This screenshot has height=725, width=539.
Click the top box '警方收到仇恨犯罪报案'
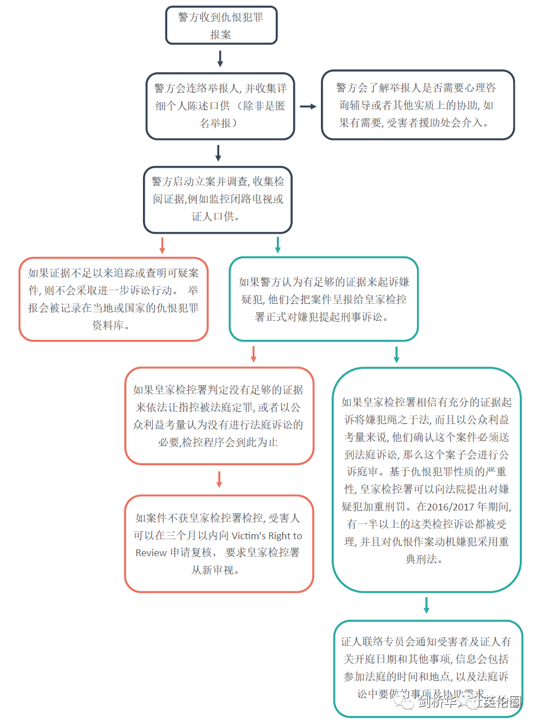221,25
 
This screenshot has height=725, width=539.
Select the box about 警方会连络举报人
220,106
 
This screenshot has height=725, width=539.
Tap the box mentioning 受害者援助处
418,105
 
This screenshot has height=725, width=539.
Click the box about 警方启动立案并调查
218,199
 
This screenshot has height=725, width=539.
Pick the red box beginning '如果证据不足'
114,299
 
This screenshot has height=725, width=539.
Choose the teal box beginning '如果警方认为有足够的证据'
323,299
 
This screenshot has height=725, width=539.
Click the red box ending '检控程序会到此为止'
219,416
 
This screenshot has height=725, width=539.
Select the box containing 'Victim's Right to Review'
219,543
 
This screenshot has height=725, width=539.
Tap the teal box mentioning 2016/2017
426,480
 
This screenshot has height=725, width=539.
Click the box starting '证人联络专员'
427,668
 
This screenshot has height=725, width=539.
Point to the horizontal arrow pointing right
308,106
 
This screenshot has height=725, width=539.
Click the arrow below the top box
220,58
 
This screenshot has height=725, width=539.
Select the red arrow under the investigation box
162,245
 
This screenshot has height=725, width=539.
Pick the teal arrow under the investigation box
277,245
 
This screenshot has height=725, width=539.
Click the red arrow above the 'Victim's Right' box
219,479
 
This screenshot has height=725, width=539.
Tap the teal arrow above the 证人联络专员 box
427,605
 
